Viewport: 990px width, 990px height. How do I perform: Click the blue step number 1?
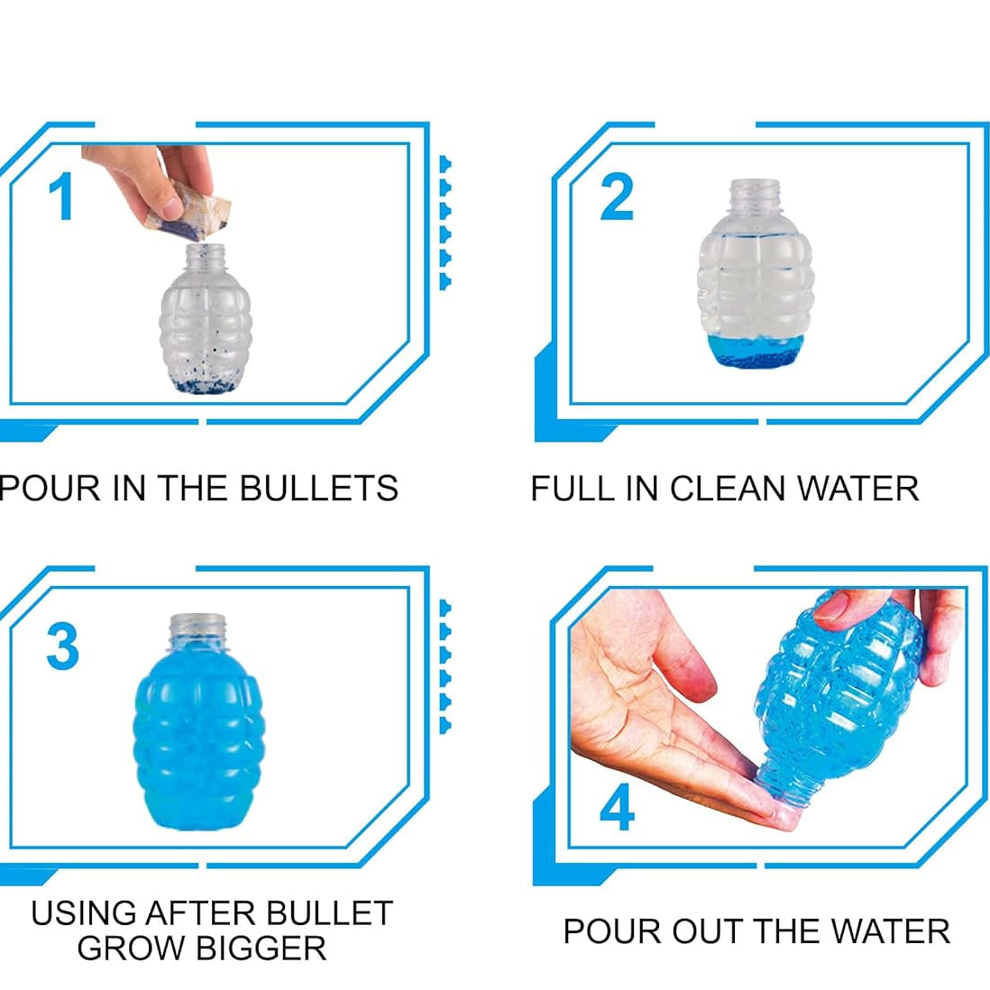60,197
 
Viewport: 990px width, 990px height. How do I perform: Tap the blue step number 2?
617,197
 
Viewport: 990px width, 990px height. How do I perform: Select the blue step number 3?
62,646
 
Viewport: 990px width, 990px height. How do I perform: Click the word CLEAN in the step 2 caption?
729,489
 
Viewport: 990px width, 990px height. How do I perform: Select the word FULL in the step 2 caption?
564,489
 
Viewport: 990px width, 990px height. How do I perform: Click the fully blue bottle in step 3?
197,739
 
